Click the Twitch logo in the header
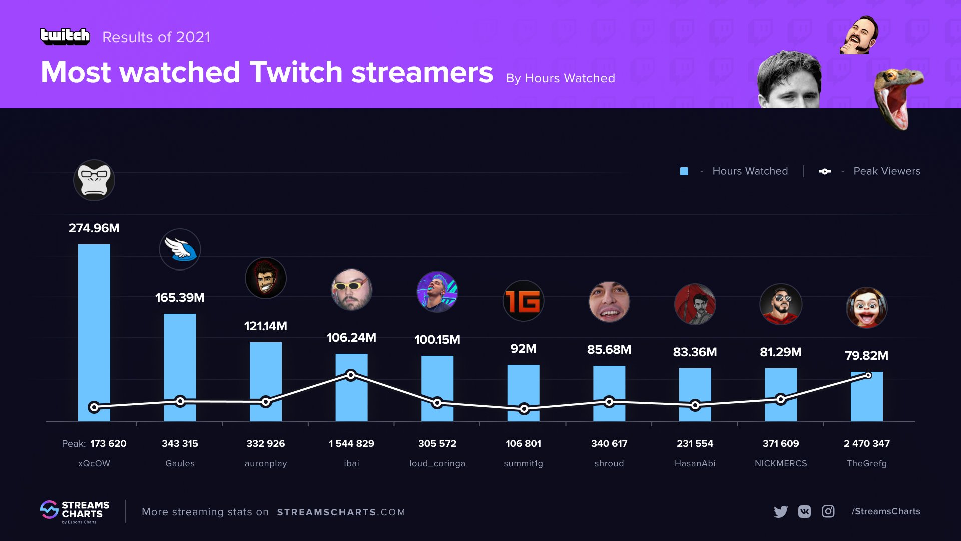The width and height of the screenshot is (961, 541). (65, 36)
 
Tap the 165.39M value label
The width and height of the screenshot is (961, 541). (180, 298)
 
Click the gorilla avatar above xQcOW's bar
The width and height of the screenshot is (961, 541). (94, 180)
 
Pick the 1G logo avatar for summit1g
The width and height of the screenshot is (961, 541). (523, 301)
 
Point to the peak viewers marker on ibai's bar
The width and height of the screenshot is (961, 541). (351, 375)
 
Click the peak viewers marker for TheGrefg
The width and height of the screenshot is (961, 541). (868, 375)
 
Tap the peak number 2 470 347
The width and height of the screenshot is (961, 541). (867, 443)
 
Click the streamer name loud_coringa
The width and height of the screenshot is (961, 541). (437, 463)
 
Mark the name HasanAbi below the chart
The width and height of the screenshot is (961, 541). (695, 463)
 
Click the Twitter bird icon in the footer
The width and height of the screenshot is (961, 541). (780, 511)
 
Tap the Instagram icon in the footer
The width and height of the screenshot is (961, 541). (828, 511)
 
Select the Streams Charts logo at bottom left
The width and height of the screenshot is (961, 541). (75, 511)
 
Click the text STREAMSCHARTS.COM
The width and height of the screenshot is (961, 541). (341, 512)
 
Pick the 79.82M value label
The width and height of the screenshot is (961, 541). (867, 356)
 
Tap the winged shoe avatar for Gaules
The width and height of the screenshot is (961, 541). (180, 249)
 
